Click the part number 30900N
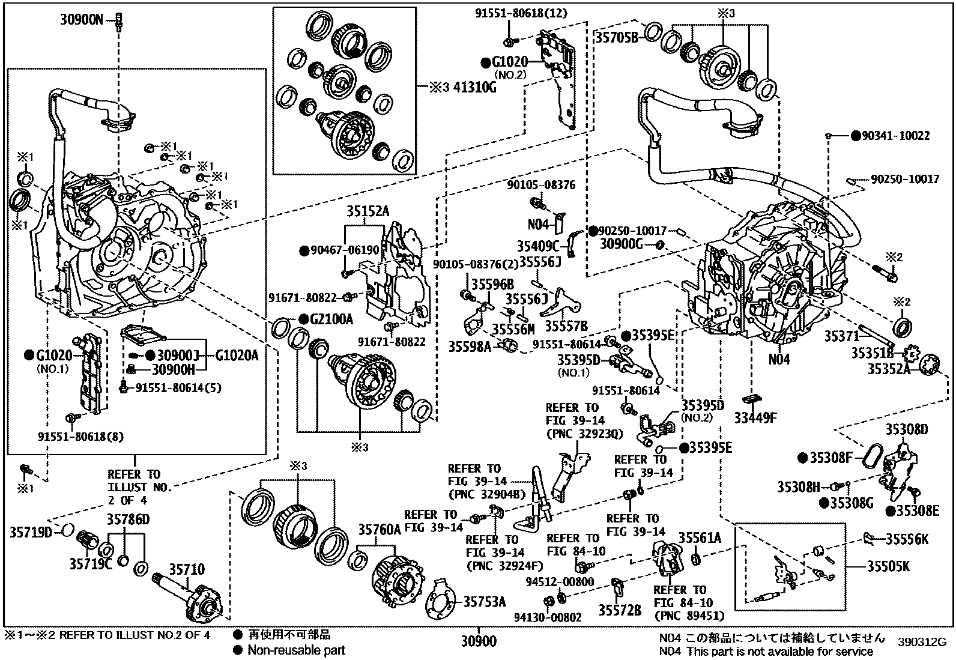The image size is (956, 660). pyautogui.click(x=82, y=20)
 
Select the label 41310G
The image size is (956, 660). pyautogui.click(x=475, y=88)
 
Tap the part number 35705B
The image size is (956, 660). pyautogui.click(x=617, y=38)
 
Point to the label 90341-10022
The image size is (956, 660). pyautogui.click(x=895, y=136)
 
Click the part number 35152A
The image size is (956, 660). pyautogui.click(x=368, y=211)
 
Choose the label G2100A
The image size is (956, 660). pyautogui.click(x=331, y=319)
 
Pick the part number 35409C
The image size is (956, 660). pyautogui.click(x=538, y=246)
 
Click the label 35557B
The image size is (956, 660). pyautogui.click(x=566, y=326)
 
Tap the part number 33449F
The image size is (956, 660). pyautogui.click(x=755, y=418)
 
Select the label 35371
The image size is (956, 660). pyautogui.click(x=841, y=336)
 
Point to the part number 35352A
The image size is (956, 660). pyautogui.click(x=889, y=368)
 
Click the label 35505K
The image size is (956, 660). pyautogui.click(x=888, y=566)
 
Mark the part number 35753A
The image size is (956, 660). pyautogui.click(x=485, y=602)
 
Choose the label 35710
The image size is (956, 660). pyautogui.click(x=187, y=569)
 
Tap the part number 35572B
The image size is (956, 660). pyautogui.click(x=620, y=611)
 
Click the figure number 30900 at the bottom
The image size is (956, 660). pyautogui.click(x=479, y=641)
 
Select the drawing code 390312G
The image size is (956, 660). pyautogui.click(x=922, y=643)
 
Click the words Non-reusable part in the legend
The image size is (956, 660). pyautogui.click(x=296, y=650)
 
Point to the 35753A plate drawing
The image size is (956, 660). pyautogui.click(x=440, y=599)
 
